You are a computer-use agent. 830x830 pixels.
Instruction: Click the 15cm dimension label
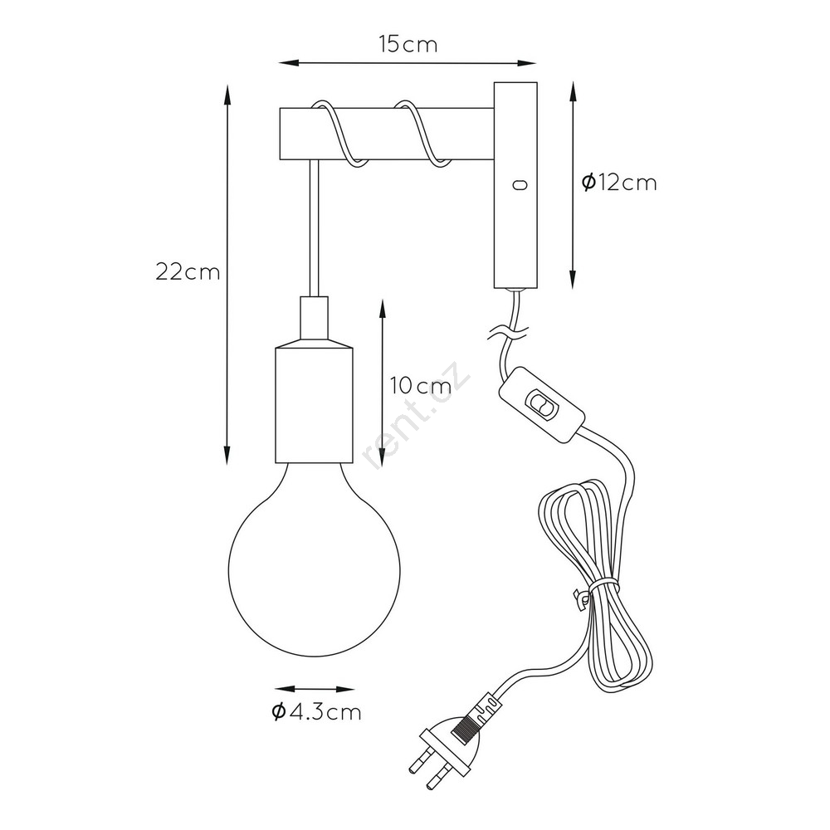tap(408, 45)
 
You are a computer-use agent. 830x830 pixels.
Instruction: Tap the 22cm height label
tap(188, 272)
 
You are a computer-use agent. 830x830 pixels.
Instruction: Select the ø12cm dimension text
tap(619, 183)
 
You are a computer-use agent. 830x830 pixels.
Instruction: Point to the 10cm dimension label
tap(421, 386)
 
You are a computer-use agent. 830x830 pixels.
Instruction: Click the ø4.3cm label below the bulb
tap(316, 711)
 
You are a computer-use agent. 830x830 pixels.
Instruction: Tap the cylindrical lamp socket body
tap(314, 405)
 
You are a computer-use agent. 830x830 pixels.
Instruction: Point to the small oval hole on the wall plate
tap(520, 185)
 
